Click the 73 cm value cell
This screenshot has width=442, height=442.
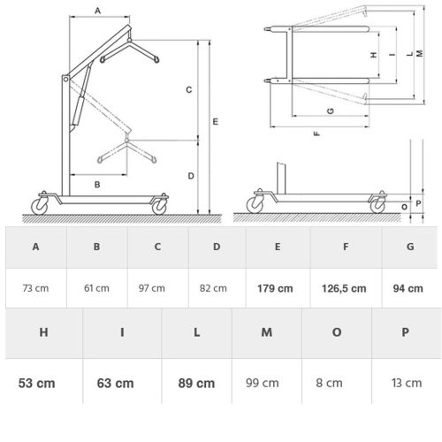(35, 288)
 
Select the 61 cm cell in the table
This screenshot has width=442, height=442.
(97, 288)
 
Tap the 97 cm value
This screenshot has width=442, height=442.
(156, 288)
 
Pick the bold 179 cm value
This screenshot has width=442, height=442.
(278, 288)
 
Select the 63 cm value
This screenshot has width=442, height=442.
(116, 383)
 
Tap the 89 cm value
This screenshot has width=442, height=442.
(195, 383)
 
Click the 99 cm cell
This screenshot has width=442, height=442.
(265, 383)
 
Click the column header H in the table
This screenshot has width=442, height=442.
(43, 333)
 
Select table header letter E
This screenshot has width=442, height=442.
(278, 247)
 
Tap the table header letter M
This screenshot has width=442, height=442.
(265, 333)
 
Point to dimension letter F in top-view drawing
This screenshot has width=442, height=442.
(316, 133)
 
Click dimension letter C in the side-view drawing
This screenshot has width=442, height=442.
(188, 90)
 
